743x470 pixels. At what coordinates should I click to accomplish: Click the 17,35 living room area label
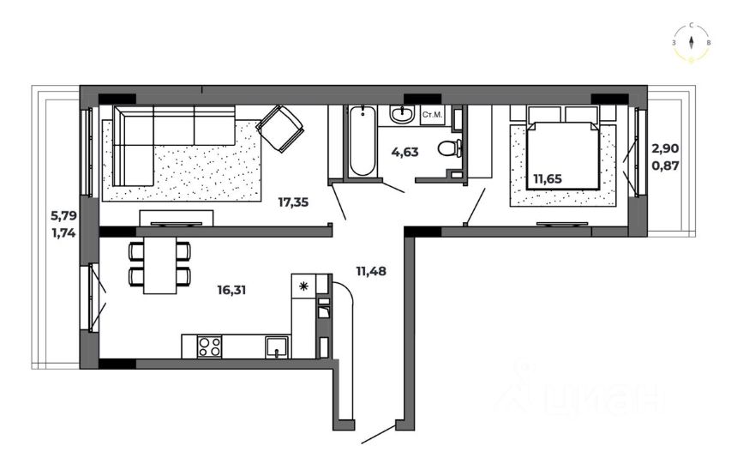(293, 202)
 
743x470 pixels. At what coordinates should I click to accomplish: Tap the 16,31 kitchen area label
(231, 290)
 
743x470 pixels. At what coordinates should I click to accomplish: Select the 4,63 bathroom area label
(405, 153)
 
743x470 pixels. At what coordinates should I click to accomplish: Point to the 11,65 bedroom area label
(548, 178)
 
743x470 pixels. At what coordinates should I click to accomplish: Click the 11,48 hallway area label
(371, 271)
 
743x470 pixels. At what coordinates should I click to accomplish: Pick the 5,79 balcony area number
(63, 216)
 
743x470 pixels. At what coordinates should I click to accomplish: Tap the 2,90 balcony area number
(665, 148)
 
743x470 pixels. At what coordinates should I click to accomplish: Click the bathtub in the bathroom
(363, 141)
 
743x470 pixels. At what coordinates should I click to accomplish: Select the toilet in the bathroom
(450, 148)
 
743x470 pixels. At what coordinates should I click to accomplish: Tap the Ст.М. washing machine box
(432, 115)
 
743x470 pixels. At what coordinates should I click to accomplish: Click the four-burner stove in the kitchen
(209, 346)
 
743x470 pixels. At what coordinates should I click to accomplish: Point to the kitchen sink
(277, 346)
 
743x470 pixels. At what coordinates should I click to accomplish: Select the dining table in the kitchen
(159, 265)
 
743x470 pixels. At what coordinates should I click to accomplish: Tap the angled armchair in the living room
(280, 129)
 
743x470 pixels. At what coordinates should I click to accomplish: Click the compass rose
(692, 43)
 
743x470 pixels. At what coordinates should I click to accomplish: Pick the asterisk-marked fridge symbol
(303, 286)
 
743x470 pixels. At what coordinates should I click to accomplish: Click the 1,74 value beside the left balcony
(63, 233)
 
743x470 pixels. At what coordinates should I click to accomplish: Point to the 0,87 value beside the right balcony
(665, 166)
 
